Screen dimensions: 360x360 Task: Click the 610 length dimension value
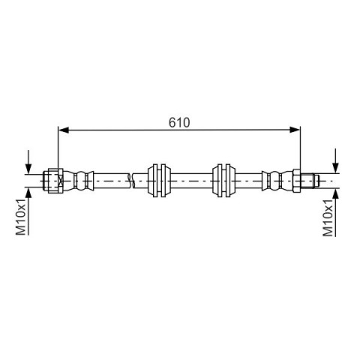179,122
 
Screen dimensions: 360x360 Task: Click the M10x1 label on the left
21,217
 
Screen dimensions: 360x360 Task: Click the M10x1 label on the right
328,217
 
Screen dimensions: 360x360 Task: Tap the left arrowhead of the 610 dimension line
64,130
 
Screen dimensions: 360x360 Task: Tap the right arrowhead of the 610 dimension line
295,130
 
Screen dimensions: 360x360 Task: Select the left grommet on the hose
159,180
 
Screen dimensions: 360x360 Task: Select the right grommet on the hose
223,180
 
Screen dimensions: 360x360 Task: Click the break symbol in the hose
130,180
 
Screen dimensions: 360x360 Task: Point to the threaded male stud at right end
310,180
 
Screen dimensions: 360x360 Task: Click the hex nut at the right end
296,180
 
